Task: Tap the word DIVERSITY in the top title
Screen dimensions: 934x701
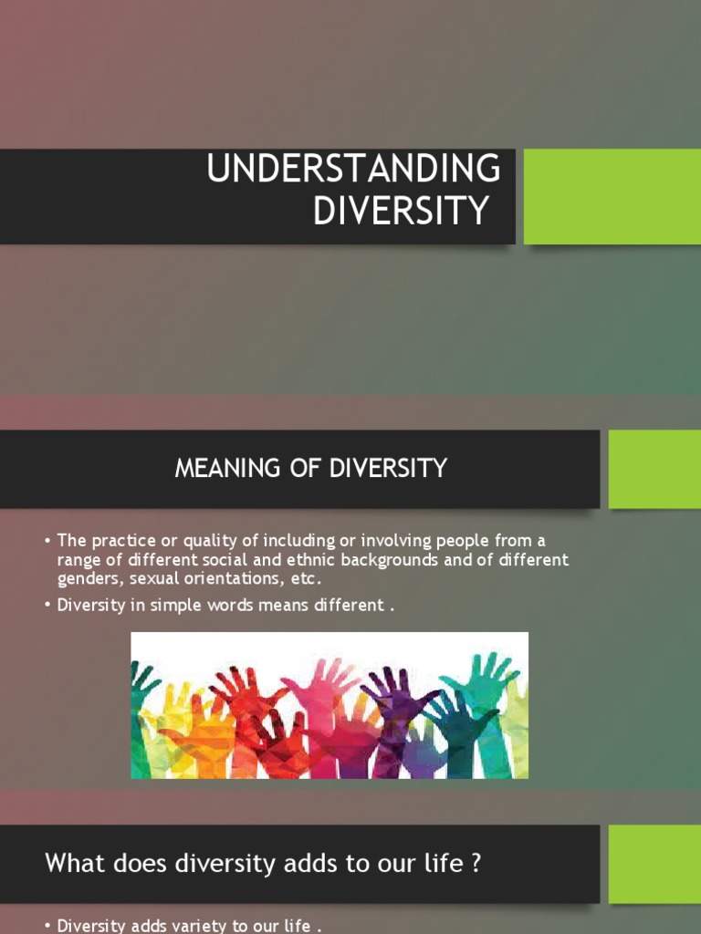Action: pyautogui.click(x=401, y=211)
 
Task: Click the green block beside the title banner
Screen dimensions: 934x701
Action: pyautogui.click(x=612, y=196)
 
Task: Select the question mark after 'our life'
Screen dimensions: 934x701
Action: pyautogui.click(x=476, y=863)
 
